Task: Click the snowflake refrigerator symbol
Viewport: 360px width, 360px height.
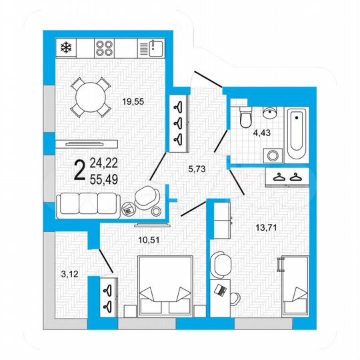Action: pyautogui.click(x=65, y=47)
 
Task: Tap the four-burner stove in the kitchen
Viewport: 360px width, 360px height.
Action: pyautogui.click(x=106, y=47)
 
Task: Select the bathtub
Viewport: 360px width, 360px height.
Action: pyautogui.click(x=296, y=130)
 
